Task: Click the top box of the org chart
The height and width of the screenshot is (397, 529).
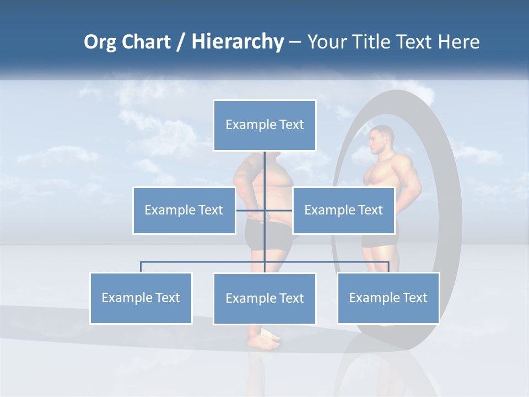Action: coord(264,125)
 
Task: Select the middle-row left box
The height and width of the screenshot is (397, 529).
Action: coord(183,210)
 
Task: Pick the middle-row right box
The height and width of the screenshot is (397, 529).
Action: coord(343,210)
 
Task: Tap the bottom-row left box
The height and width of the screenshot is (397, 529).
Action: coord(141,298)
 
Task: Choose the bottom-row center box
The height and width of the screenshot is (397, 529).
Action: coord(264,298)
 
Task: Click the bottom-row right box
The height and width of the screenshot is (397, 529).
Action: coord(388,298)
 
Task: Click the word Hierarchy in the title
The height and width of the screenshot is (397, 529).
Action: coord(237,42)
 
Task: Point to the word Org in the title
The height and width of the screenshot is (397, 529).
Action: coord(100,42)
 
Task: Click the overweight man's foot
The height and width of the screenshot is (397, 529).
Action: coord(264,342)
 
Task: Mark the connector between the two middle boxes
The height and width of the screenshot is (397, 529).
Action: coord(264,210)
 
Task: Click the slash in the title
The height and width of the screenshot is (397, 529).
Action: coord(180,42)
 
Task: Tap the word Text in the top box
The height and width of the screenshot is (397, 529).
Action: coord(292,125)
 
